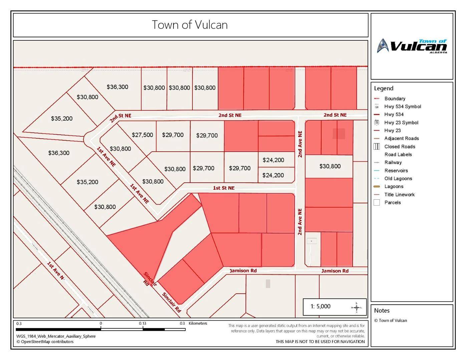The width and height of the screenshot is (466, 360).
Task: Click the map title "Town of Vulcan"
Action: point(190,25)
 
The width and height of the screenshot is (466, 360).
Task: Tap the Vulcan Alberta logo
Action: point(412,46)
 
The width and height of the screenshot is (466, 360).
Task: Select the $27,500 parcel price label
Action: point(142,135)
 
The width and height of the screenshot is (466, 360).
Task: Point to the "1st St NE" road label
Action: point(224,188)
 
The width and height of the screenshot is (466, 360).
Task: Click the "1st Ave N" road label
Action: point(55,270)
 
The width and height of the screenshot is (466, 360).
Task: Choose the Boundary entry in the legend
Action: point(395,99)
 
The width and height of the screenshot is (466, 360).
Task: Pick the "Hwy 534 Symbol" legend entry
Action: point(402,107)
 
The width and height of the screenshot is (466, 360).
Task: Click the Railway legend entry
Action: point(393,163)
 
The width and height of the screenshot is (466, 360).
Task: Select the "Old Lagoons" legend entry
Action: point(398,179)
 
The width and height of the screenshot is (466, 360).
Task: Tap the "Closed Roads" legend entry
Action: point(400,147)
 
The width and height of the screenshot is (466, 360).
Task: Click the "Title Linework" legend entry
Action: point(399,195)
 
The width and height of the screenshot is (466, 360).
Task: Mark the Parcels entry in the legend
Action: point(392,203)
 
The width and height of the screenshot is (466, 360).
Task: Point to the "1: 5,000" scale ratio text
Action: point(321,306)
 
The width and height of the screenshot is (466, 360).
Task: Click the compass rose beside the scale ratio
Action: point(357,307)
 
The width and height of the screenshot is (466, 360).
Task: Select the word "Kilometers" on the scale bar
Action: point(198,323)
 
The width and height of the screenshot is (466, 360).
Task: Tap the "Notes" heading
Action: point(382,311)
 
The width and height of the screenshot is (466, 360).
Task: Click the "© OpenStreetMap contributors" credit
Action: point(45,342)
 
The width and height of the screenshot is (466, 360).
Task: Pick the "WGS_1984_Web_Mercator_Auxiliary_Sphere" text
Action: point(56,336)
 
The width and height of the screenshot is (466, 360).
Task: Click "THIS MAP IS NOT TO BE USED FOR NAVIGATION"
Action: point(320,342)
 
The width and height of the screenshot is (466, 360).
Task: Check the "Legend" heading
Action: point(384,88)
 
